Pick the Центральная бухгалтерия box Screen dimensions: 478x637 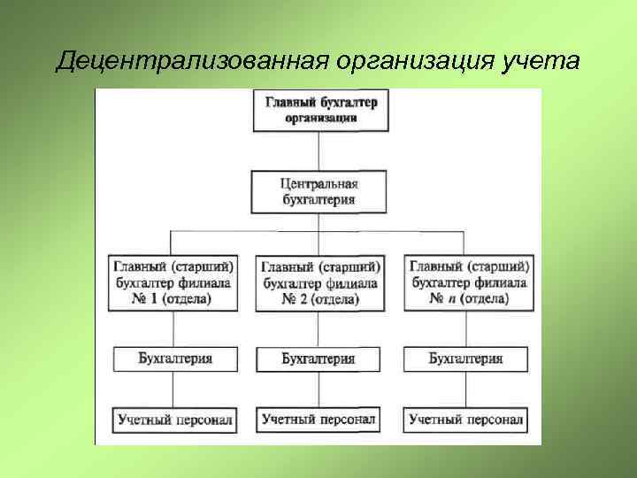(318, 192)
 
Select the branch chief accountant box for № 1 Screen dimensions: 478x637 (174, 281)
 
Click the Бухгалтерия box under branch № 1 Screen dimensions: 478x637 (175, 358)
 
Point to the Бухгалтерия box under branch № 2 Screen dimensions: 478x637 (318, 359)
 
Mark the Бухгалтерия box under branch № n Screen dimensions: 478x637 (465, 358)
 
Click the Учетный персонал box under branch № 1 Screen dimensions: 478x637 (174, 418)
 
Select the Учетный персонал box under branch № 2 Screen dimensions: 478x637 (318, 418)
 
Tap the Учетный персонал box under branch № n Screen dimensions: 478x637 (466, 418)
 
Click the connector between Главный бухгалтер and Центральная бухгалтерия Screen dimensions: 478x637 (318, 151)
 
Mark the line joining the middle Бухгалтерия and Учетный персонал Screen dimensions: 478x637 (318, 389)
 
